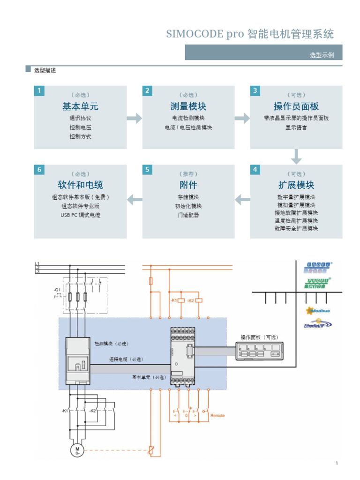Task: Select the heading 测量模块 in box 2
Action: pos(188,106)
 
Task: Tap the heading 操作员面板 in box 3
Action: pos(296,106)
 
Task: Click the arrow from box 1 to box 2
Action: pos(134,118)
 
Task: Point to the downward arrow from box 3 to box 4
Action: pos(296,157)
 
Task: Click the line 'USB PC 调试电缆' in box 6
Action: pos(80,215)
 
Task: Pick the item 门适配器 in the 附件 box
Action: pos(188,215)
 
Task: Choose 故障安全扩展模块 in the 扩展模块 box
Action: pos(296,228)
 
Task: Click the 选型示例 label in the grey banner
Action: pos(322,55)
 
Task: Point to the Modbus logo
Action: pos(318,310)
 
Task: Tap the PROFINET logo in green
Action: pos(318,282)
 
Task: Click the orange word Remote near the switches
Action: pos(217,415)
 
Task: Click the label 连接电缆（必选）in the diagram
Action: pos(126,360)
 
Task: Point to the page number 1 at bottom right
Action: pos(337,464)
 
